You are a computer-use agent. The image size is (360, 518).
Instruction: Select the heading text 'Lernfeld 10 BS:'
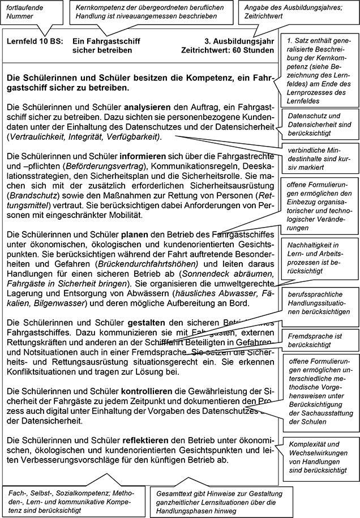pos(33,41)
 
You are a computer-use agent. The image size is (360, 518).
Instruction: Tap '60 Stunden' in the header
pos(254,50)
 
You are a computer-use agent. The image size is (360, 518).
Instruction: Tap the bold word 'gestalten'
pos(139,323)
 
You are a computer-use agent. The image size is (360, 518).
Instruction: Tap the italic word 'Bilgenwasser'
pos(62,303)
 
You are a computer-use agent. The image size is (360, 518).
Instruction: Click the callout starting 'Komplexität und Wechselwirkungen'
pos(319,457)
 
